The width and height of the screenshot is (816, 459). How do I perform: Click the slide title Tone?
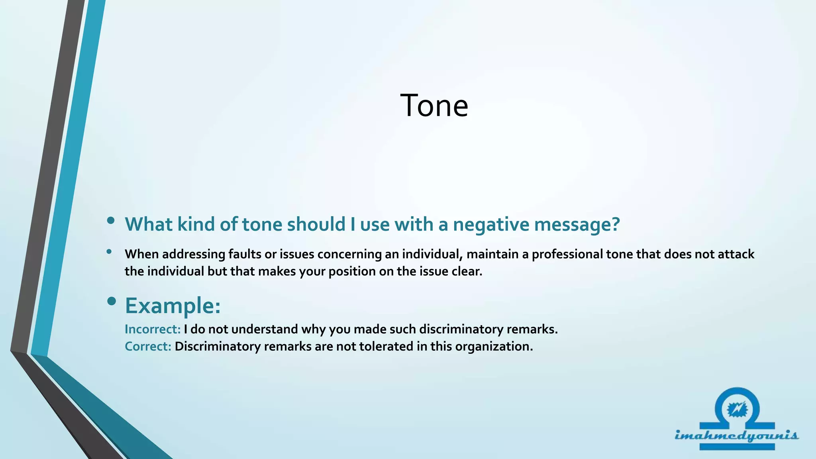click(x=434, y=106)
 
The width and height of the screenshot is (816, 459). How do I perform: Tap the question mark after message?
click(x=616, y=224)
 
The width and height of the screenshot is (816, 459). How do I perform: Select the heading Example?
click(x=173, y=306)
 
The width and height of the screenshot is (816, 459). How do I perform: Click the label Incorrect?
click(x=153, y=329)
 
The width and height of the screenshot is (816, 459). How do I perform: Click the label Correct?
click(x=148, y=346)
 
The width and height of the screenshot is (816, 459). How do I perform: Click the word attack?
click(x=736, y=254)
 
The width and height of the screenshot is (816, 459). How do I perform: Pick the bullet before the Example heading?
click(x=112, y=302)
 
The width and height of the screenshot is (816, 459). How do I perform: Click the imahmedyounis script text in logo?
click(x=736, y=435)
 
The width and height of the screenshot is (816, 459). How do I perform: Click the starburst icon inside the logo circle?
click(x=737, y=409)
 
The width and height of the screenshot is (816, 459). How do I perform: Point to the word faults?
click(x=245, y=254)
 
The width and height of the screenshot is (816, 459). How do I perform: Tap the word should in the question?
click(x=316, y=224)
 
